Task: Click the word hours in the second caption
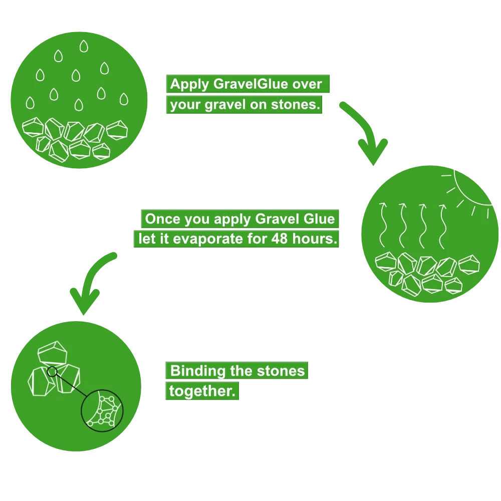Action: pos(314,238)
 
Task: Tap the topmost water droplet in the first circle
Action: pos(83,47)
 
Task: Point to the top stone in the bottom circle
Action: pos(53,354)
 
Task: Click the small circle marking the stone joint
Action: pos(52,371)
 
